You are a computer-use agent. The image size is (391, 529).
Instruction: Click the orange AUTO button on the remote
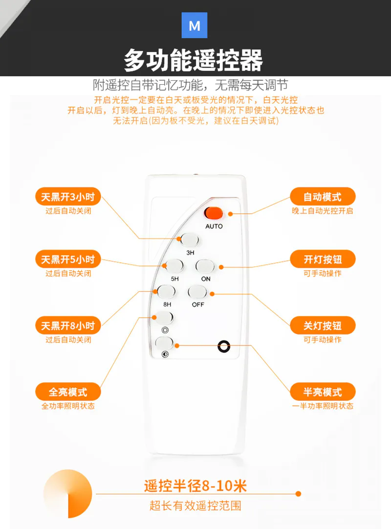(214, 213)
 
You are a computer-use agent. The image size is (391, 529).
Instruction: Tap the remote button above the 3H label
(190, 240)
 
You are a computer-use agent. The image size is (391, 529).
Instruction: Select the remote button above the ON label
(205, 266)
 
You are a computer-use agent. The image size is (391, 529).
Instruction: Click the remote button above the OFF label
(197, 292)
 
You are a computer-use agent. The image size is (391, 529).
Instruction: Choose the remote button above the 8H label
(167, 292)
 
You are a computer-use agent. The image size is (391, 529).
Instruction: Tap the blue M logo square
(195, 25)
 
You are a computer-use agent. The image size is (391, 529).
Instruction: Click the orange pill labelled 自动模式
(323, 196)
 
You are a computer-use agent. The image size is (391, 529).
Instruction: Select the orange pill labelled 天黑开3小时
(68, 196)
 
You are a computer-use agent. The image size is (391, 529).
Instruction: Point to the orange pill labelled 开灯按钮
(323, 259)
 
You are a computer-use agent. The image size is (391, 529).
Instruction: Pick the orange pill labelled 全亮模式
(68, 391)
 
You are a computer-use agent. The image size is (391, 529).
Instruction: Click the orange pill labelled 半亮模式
(323, 391)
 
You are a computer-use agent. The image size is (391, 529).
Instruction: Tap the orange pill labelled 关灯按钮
(323, 325)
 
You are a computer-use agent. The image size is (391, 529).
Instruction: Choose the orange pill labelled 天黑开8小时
(68, 325)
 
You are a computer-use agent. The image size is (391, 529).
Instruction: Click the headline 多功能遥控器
(193, 60)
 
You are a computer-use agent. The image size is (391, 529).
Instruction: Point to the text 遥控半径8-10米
(195, 486)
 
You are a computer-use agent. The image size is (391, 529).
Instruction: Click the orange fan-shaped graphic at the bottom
(76, 499)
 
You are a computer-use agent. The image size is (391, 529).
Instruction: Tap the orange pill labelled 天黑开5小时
(68, 259)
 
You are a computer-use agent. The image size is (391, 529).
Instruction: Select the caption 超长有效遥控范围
(195, 506)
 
